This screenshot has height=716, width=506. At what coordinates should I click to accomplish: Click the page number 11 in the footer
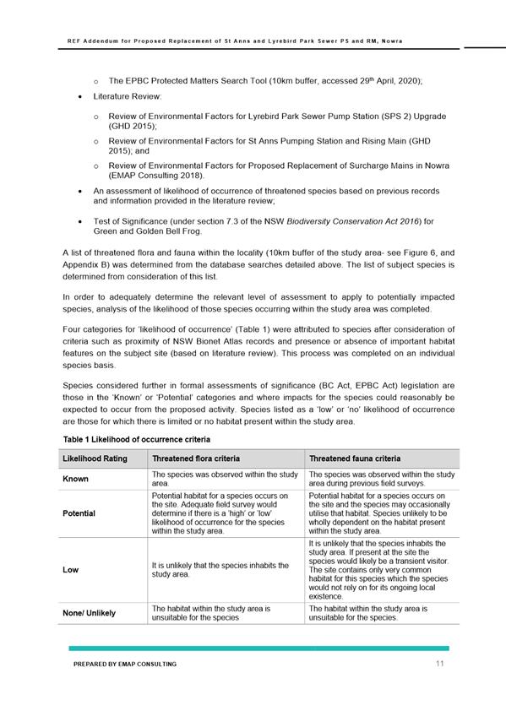(x=440, y=664)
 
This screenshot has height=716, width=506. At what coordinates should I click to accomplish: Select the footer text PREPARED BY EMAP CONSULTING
(x=125, y=664)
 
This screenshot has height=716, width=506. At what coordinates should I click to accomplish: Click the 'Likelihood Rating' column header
(x=92, y=458)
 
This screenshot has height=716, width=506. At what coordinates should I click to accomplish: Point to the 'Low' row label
(x=71, y=570)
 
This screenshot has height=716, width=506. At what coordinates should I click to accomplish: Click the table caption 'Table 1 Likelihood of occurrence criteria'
(x=137, y=440)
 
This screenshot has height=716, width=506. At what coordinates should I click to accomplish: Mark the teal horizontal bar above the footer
(x=258, y=648)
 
